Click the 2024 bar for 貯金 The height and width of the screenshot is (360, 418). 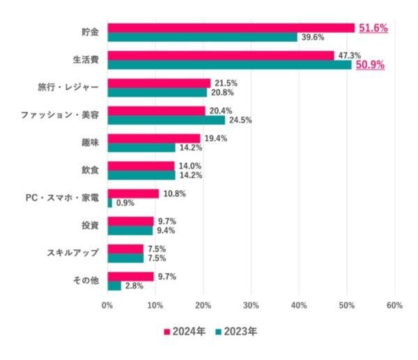click(x=231, y=28)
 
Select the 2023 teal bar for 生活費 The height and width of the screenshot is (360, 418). click(x=229, y=65)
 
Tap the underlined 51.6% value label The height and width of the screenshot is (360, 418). click(x=373, y=28)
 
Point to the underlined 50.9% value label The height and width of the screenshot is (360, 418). click(x=370, y=65)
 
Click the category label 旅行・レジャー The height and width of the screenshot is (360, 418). click(x=68, y=88)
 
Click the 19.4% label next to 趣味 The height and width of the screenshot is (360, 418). click(x=216, y=138)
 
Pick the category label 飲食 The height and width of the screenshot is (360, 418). click(x=90, y=170)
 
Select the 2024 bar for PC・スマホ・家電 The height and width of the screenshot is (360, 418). click(x=133, y=194)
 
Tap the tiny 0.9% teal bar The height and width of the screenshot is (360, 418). click(x=109, y=203)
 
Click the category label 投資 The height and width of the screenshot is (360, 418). click(x=90, y=225)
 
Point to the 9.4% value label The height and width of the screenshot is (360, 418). click(x=165, y=230)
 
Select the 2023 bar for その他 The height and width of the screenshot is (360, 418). click(x=114, y=285)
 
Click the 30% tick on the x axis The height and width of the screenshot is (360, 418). click(x=251, y=305)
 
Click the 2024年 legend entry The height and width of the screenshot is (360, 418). click(x=184, y=331)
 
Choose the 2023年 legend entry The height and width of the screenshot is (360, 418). click(x=236, y=331)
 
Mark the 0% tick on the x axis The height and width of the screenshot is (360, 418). click(x=107, y=305)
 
